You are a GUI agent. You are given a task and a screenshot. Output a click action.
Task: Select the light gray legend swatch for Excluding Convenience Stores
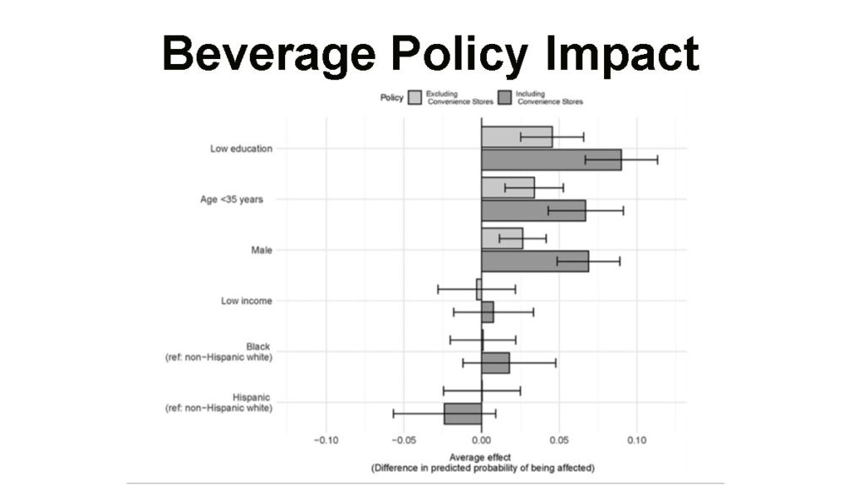tap(415, 97)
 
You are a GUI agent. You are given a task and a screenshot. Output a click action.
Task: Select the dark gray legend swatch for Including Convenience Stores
tap(505, 97)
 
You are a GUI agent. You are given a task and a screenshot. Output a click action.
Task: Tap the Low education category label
tap(241, 148)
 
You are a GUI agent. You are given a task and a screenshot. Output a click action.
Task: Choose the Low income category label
tap(246, 300)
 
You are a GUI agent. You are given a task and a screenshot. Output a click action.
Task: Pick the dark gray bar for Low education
tap(551, 159)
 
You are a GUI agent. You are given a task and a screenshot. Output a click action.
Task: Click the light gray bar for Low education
tap(516, 137)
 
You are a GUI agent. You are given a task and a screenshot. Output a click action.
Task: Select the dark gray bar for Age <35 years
tap(533, 210)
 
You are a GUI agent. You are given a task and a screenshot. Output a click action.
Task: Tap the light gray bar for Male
tap(502, 239)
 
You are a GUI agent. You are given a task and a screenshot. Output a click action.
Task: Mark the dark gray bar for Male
tap(535, 261)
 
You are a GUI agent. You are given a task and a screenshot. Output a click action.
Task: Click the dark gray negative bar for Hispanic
tap(462, 413)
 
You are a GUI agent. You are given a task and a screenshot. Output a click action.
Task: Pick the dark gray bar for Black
tap(495, 363)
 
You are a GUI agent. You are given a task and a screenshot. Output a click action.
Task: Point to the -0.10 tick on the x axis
tap(325, 440)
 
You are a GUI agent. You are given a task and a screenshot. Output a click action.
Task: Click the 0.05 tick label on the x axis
tap(559, 440)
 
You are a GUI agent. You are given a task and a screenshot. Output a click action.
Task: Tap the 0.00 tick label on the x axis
tap(481, 440)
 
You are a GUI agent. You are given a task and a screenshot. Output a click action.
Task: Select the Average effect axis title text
tap(482, 457)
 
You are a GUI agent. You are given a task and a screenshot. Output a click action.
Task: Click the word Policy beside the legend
tap(391, 98)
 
